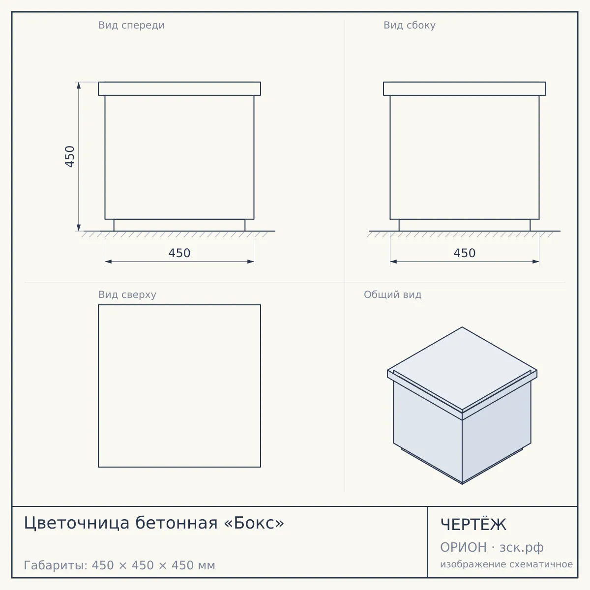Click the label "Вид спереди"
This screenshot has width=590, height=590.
(x=131, y=26)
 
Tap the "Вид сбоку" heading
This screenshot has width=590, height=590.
(x=410, y=26)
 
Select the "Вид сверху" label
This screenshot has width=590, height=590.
(x=127, y=295)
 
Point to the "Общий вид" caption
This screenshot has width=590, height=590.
(x=392, y=295)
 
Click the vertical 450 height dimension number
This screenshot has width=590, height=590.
(x=70, y=156)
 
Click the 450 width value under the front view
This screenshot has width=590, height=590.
(x=179, y=253)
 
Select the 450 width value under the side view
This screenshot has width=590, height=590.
(x=465, y=253)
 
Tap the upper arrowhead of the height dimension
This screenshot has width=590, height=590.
(x=79, y=86)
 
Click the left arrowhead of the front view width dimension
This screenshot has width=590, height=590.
(x=108, y=262)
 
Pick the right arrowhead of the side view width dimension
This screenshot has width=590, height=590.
(x=536, y=262)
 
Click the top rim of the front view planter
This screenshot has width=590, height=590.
(x=179, y=88)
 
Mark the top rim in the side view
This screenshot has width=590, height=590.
(x=465, y=88)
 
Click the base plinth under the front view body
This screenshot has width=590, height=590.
(x=179, y=225)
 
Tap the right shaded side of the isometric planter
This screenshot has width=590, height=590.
(x=497, y=432)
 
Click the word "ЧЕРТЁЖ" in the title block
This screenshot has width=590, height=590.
(x=473, y=525)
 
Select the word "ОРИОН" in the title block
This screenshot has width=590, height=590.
(x=463, y=547)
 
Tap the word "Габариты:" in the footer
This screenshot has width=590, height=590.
(x=56, y=565)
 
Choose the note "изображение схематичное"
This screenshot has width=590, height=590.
(x=506, y=564)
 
